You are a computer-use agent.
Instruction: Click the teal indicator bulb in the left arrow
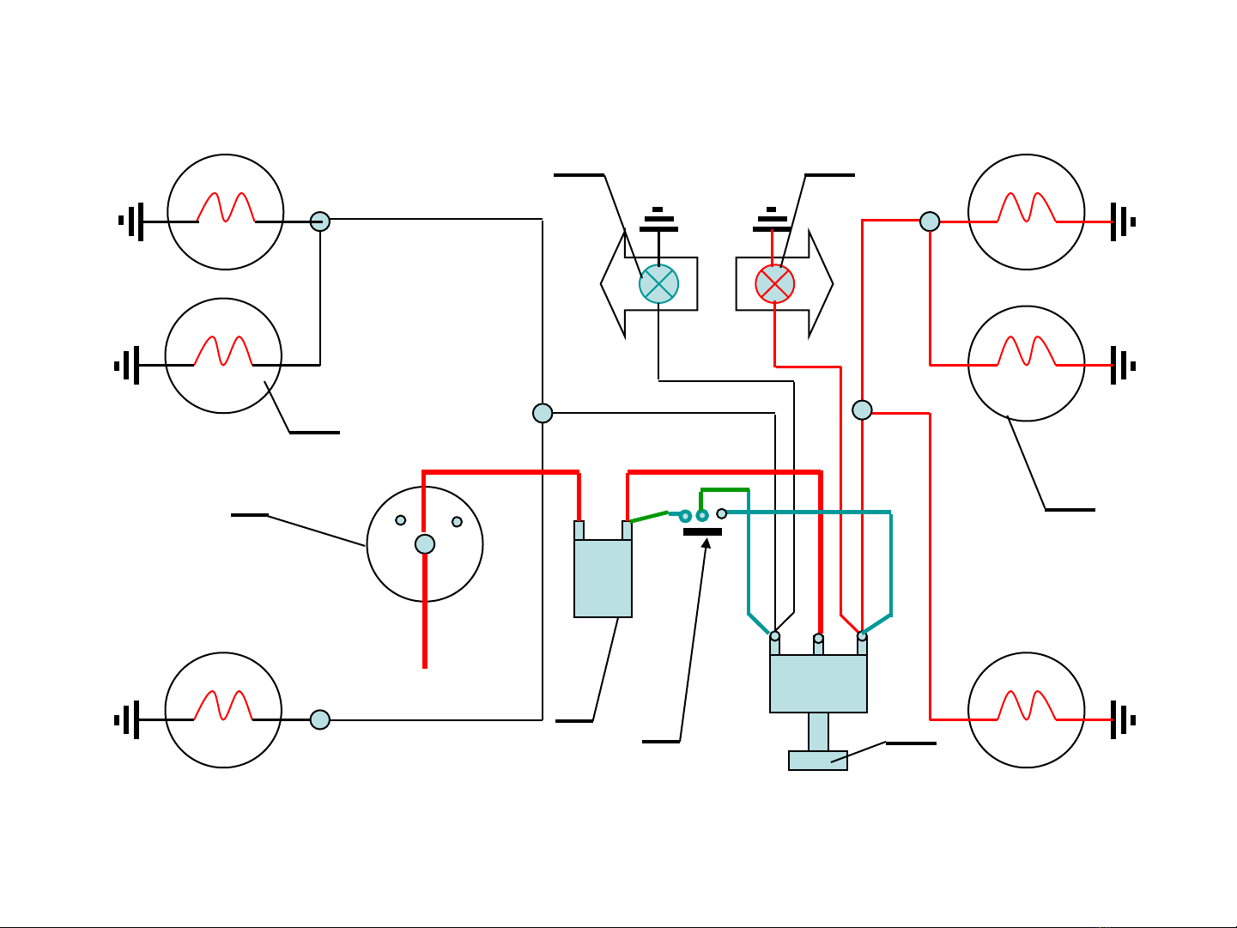click(658, 284)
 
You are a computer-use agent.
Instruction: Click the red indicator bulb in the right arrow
click(774, 284)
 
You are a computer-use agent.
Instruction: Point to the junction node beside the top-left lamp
click(319, 221)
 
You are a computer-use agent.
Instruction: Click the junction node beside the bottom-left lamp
click(319, 719)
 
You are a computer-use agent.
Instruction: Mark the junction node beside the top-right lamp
click(930, 221)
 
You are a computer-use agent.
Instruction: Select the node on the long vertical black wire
click(543, 413)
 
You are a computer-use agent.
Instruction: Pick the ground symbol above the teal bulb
click(658, 221)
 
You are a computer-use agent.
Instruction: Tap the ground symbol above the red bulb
click(771, 221)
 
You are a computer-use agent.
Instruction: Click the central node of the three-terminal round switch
click(425, 543)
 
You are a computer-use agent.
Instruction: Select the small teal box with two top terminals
click(603, 577)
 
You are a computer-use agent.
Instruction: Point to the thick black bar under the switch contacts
click(702, 532)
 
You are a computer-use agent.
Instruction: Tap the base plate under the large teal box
click(818, 761)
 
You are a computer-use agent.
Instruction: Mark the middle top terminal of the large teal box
click(818, 639)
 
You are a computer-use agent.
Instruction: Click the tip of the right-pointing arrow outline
click(831, 283)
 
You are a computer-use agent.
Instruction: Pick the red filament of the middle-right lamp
click(1027, 351)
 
